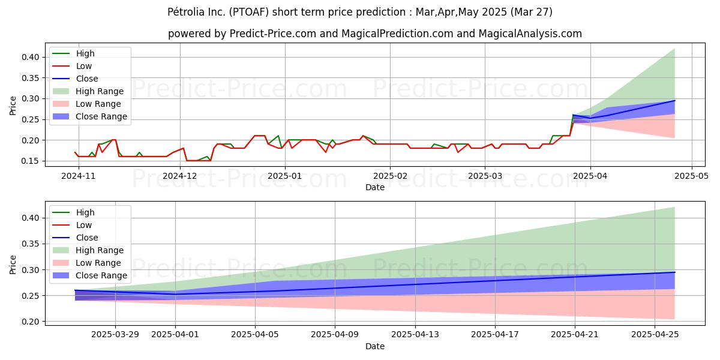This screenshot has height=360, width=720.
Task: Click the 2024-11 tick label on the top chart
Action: (x=79, y=176)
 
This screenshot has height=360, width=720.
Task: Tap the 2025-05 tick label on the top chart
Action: (x=692, y=176)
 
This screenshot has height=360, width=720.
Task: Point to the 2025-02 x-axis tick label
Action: (x=390, y=176)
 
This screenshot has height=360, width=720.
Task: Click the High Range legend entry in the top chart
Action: (x=100, y=91)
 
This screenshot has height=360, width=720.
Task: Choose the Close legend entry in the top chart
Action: (x=87, y=79)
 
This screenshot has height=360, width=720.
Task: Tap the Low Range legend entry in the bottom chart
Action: (x=98, y=263)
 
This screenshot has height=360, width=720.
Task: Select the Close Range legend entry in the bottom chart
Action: (x=101, y=275)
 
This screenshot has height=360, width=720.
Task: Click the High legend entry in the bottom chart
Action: (x=85, y=212)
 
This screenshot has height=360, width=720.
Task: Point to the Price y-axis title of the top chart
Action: (x=13, y=106)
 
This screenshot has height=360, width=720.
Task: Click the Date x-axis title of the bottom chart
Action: (x=375, y=346)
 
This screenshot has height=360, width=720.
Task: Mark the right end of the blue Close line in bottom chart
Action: (x=674, y=272)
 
